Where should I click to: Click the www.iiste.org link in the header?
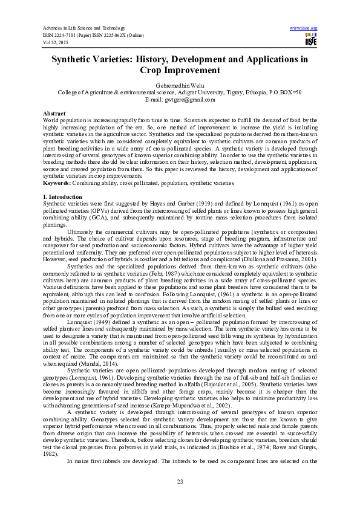304,28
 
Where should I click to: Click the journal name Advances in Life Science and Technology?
83,28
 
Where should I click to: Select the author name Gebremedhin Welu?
179,86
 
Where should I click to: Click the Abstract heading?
54,114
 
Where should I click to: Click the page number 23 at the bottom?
180,481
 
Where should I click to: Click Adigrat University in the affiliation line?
205,92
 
